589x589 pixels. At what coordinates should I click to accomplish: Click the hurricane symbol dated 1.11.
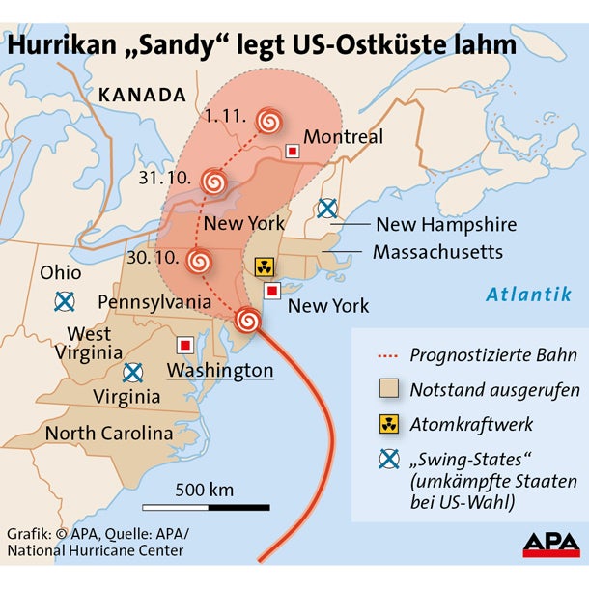pos(270,121)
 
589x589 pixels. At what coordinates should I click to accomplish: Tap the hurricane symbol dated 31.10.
pos(214,181)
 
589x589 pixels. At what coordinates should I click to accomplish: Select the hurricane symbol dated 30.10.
pos(200,260)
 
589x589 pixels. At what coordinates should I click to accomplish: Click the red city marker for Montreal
pos(292,152)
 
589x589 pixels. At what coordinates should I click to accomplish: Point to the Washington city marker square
pos(183,345)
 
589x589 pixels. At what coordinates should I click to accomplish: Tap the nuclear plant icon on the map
pos(264,266)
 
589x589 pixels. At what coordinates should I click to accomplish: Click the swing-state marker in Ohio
pos(64,301)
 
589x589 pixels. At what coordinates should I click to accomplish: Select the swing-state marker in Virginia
pos(132,372)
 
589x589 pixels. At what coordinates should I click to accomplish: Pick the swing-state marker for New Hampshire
pos(327,208)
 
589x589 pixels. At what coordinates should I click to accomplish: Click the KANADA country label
pos(141,95)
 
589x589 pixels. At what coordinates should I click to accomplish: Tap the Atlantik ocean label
pos(528,294)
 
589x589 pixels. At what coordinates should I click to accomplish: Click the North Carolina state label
pos(109,433)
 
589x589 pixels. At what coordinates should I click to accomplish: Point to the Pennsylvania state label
pos(154,302)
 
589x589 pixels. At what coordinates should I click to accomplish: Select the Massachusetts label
pos(437,252)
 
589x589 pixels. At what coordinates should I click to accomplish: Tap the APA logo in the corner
pos(551,545)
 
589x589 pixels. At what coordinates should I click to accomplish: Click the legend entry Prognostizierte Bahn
pos(492,354)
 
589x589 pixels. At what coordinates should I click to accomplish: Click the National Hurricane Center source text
pos(95,551)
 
